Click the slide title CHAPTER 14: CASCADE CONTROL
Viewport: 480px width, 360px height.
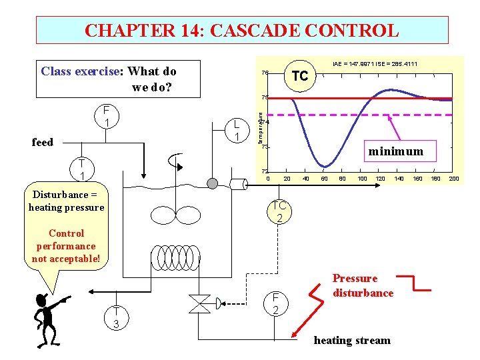242,31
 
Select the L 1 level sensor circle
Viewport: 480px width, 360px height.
236,130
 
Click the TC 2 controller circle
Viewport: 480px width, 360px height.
279,211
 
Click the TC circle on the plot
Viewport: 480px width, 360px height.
299,75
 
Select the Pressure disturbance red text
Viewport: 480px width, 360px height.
363,285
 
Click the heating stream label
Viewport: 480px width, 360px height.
352,340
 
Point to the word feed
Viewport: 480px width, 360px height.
43,141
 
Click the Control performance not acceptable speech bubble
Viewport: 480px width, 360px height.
66,246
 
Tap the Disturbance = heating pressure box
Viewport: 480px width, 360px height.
67,201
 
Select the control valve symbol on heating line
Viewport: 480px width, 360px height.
199,304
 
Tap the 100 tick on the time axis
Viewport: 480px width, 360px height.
362,178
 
